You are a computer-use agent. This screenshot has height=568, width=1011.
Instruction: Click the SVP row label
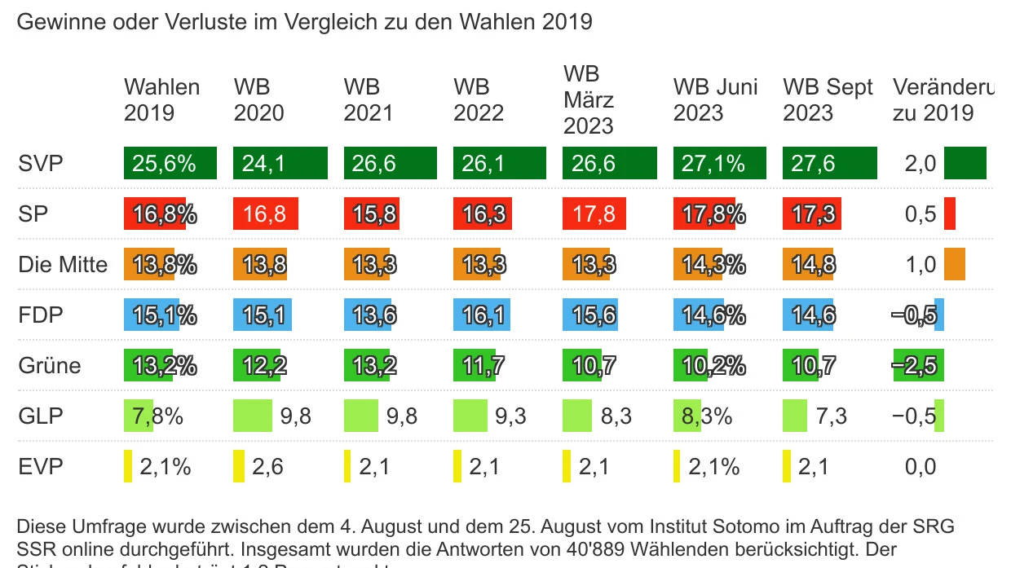[40, 164]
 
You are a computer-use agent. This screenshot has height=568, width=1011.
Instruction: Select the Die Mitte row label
[63, 265]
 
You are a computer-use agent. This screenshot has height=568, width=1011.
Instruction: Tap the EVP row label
[40, 467]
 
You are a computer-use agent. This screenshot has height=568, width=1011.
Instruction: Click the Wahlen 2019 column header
[161, 99]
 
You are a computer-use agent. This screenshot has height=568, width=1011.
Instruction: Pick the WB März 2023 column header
[588, 99]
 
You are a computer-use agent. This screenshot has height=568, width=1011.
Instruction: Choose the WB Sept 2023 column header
[828, 99]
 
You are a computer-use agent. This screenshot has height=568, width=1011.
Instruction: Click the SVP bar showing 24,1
[280, 164]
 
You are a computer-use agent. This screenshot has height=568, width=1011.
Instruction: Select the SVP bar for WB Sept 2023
[829, 164]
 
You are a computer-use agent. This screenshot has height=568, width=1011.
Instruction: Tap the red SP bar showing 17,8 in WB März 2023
[594, 214]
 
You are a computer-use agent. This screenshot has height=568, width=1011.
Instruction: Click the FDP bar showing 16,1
[488, 315]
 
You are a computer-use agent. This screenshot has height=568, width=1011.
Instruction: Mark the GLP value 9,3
[510, 417]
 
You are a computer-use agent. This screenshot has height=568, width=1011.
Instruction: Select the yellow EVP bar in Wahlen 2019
[128, 467]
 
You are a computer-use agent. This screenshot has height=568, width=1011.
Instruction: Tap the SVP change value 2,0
[920, 164]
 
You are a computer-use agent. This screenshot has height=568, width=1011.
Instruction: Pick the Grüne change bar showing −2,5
[918, 366]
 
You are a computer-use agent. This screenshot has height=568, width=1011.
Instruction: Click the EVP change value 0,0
[920, 468]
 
